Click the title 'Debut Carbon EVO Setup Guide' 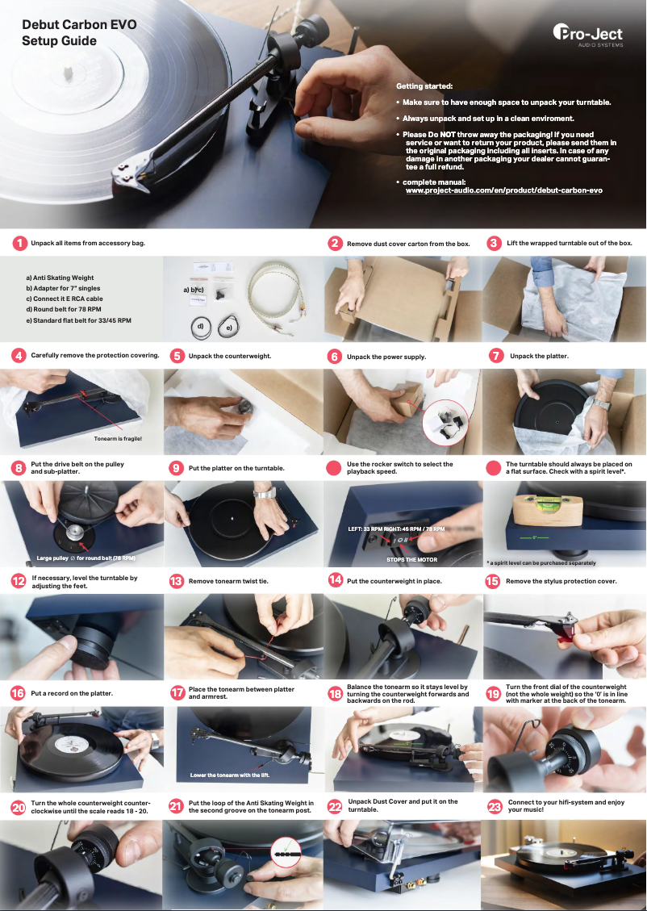click(78, 33)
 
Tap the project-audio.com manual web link click(503, 190)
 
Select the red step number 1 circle click(19, 243)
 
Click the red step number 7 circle click(495, 355)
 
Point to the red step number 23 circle click(495, 806)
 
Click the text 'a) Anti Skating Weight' click(60, 278)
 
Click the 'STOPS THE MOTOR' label click(411, 558)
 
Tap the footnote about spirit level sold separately click(541, 562)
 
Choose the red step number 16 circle click(17, 693)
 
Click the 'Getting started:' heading click(424, 86)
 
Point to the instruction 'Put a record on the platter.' click(71, 693)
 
